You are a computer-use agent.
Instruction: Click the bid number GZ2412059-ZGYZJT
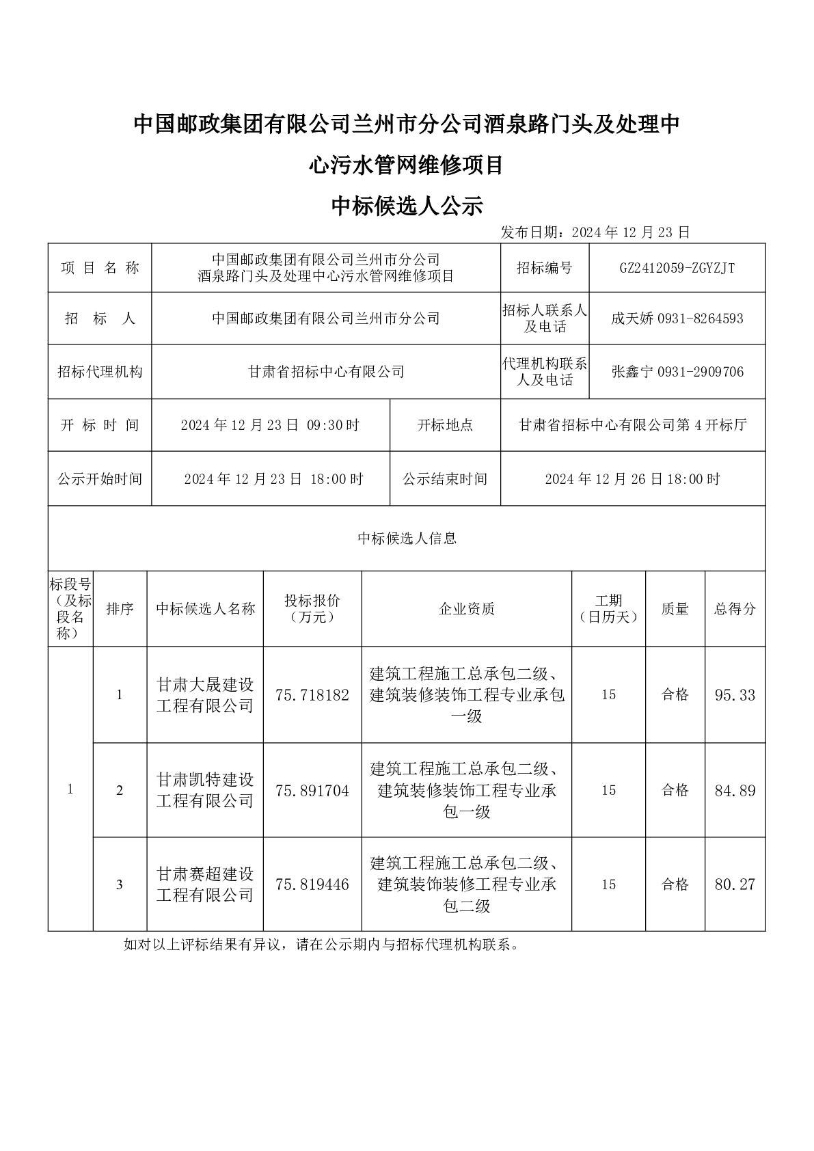(x=677, y=268)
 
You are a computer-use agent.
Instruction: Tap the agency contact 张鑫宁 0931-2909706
(x=677, y=373)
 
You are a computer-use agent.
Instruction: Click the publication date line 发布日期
(x=595, y=232)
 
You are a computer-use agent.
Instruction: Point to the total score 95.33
(x=735, y=695)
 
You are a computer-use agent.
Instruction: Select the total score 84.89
(x=735, y=791)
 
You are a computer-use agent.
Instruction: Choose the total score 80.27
(x=735, y=884)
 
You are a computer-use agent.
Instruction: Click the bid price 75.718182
(x=312, y=695)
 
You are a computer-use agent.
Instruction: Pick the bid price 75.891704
(x=312, y=791)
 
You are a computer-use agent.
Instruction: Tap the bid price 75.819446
(x=312, y=884)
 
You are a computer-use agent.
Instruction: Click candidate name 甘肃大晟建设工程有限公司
(x=205, y=695)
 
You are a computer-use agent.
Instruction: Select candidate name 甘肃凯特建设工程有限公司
(x=205, y=790)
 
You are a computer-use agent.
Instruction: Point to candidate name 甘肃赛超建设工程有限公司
(x=205, y=884)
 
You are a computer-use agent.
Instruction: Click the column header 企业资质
(x=466, y=609)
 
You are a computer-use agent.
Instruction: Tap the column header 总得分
(x=735, y=609)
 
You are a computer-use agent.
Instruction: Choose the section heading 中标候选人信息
(x=407, y=539)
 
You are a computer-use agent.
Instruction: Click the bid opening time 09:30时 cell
(x=270, y=425)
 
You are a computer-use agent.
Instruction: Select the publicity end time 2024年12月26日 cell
(x=632, y=479)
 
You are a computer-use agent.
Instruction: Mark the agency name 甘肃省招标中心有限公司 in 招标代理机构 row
(x=326, y=373)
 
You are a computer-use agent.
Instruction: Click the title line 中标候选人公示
(x=407, y=206)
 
